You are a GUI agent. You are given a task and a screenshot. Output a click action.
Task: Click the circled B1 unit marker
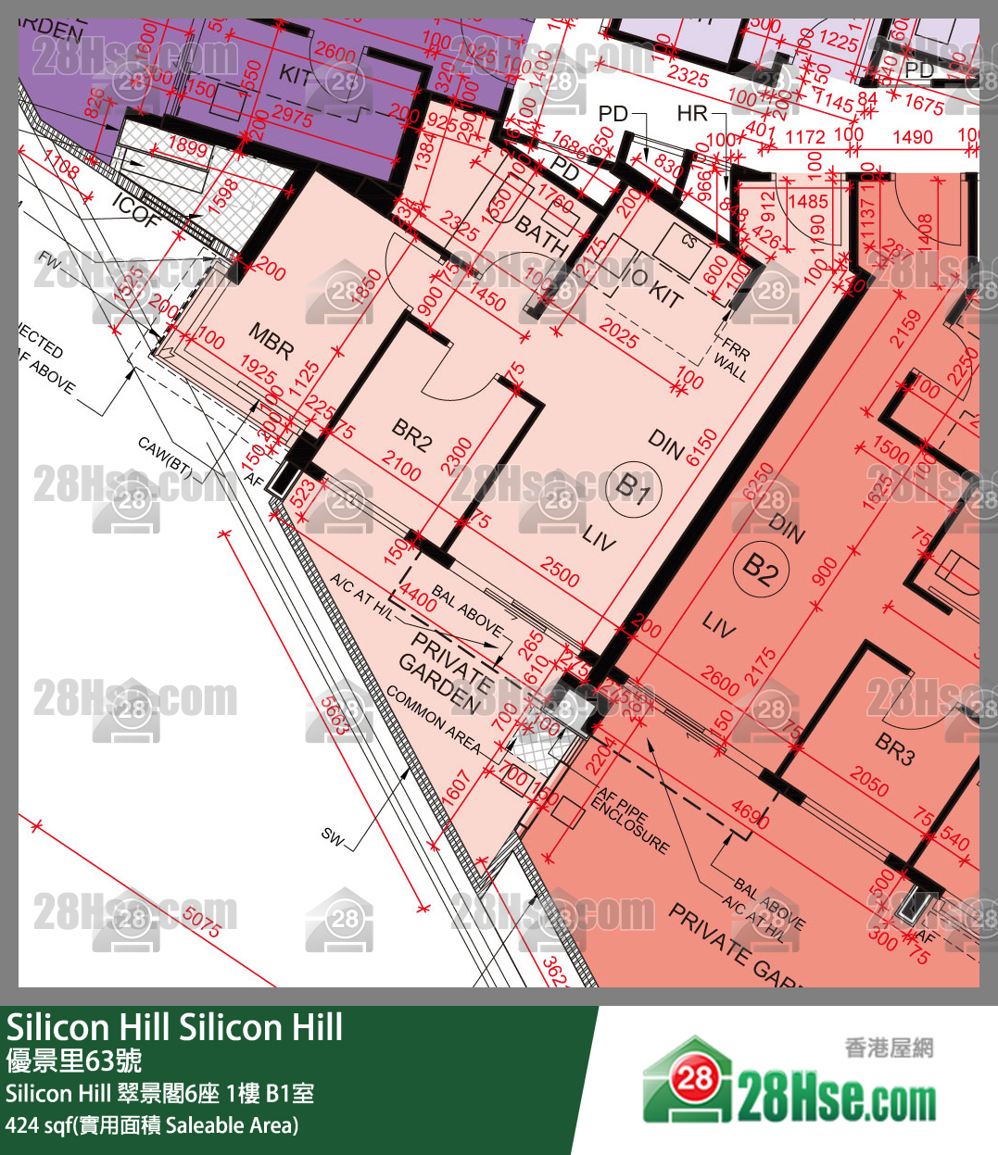(634, 486)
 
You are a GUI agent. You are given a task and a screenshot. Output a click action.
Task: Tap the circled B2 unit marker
(761, 568)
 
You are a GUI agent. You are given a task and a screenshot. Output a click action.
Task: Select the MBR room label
(272, 342)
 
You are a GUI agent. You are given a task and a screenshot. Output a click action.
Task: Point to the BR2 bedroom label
(411, 434)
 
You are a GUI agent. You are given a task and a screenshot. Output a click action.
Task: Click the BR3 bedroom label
(894, 747)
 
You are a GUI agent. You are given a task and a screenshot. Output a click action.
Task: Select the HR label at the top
(692, 113)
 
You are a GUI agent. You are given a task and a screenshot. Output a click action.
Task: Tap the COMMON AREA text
(434, 720)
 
